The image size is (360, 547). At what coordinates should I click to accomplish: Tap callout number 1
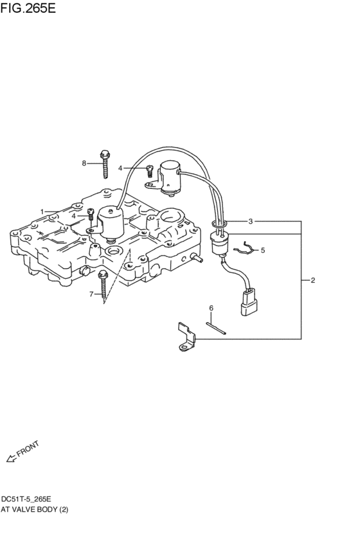[x=42, y=211]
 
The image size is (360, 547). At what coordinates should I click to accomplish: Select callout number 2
[x=312, y=280]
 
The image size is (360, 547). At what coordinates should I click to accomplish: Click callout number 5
[x=262, y=249]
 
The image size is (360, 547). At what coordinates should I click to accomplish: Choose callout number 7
[x=91, y=293]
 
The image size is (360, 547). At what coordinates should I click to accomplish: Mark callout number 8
[x=84, y=163]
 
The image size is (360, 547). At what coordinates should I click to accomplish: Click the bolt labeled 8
[x=104, y=165]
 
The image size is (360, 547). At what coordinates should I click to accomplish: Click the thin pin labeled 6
[x=217, y=328]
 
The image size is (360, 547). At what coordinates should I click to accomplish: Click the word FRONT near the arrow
[x=28, y=449]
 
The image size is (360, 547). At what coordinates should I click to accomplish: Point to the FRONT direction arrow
[x=10, y=459]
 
